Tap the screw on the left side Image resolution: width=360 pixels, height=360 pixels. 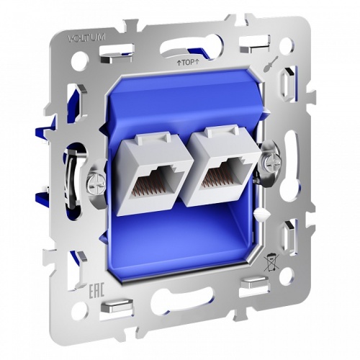point(93,177)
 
